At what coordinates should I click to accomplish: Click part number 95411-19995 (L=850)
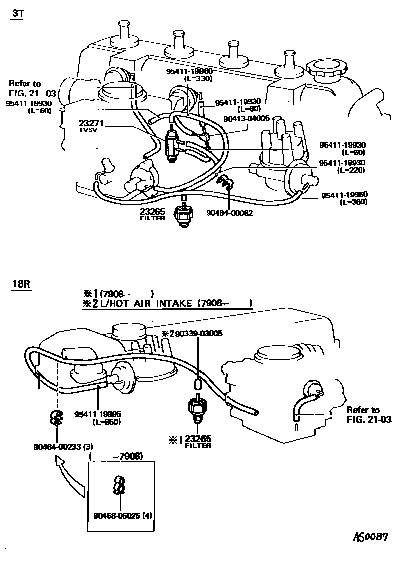coord(98,418)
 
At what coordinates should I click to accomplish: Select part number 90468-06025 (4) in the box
coord(120,515)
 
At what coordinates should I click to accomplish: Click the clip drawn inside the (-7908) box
coord(118,485)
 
